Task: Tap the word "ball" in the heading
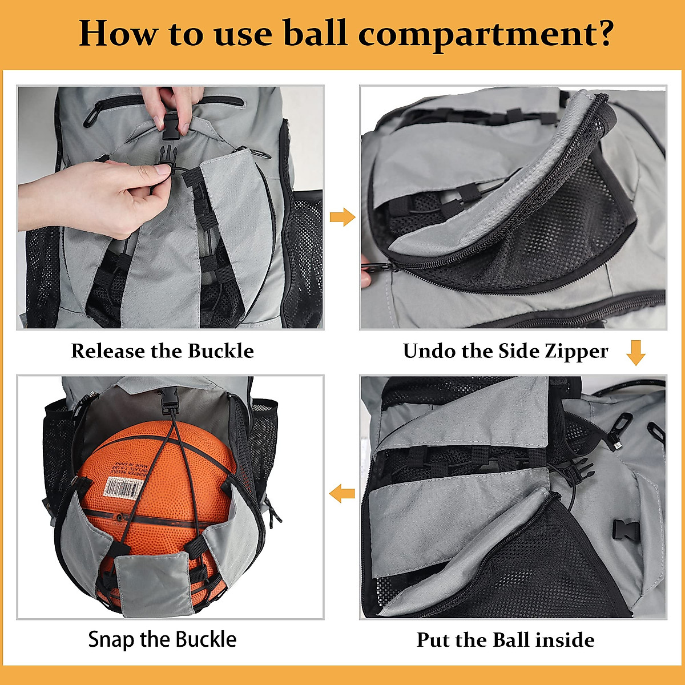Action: [x=315, y=33]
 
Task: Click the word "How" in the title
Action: [x=118, y=33]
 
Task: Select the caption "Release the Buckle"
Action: [x=163, y=350]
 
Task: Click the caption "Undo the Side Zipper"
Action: [x=505, y=350]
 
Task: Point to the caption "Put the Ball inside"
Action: [x=505, y=639]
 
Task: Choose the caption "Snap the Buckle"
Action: [x=162, y=639]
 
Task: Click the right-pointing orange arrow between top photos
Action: [x=342, y=217]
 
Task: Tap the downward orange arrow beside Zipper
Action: [x=635, y=352]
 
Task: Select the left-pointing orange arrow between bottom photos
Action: [x=342, y=492]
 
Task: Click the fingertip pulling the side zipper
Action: [x=365, y=278]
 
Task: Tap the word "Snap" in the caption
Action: [x=112, y=639]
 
